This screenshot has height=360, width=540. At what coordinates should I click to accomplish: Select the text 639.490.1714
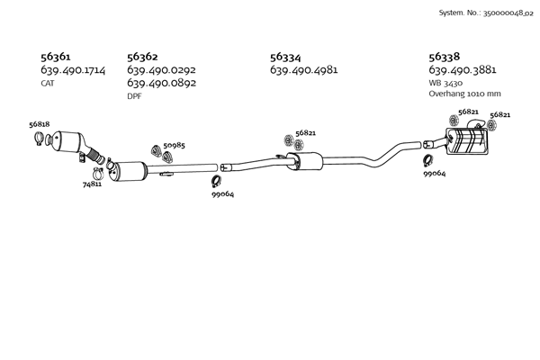point(73,69)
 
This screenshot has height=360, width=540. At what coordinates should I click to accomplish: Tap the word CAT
point(49,83)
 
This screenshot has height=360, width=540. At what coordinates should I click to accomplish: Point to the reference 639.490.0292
point(161,69)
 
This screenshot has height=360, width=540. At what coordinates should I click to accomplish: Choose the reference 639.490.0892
point(161,83)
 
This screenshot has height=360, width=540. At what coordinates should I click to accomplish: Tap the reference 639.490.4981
point(304,69)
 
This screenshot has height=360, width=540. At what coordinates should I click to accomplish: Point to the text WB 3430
point(445,82)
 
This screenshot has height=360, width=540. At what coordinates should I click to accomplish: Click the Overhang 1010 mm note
point(464,94)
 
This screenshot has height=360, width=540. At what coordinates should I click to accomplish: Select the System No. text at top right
point(484,13)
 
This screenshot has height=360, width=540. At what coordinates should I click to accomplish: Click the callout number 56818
point(39,124)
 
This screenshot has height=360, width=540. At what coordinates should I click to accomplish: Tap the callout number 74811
point(92,184)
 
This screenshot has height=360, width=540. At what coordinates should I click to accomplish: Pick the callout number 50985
point(175,145)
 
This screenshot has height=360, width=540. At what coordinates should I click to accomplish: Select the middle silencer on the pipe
point(303,162)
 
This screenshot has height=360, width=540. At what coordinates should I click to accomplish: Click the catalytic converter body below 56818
point(68,142)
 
